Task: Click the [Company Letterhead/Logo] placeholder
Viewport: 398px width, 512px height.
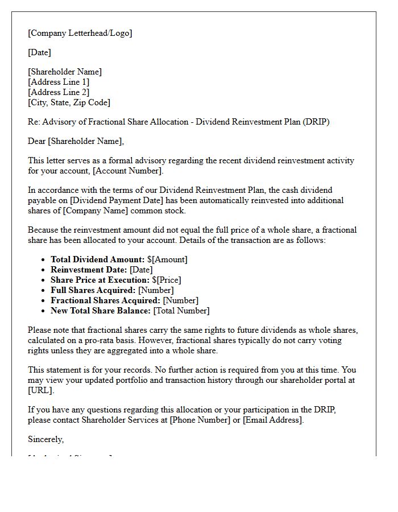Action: coord(80,33)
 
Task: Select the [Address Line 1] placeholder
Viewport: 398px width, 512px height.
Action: coord(59,82)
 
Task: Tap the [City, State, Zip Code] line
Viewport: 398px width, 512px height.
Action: coord(69,102)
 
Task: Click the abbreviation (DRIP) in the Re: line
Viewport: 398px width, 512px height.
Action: coord(317,122)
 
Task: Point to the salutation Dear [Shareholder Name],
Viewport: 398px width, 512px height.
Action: coord(76,141)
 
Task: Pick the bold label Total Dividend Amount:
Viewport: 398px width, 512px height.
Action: coord(97,259)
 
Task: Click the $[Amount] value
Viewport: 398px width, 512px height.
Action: coord(167,259)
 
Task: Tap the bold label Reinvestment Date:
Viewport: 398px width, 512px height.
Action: coord(89,270)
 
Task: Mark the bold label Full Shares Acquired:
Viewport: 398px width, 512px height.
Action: coord(93,290)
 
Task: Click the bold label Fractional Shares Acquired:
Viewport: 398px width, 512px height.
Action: coord(105,300)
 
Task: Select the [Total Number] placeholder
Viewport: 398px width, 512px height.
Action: coord(181,311)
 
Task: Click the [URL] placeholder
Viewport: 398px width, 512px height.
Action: coord(40,390)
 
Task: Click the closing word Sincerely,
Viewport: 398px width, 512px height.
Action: coord(46,439)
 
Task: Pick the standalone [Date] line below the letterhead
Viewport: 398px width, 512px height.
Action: coord(39,52)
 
